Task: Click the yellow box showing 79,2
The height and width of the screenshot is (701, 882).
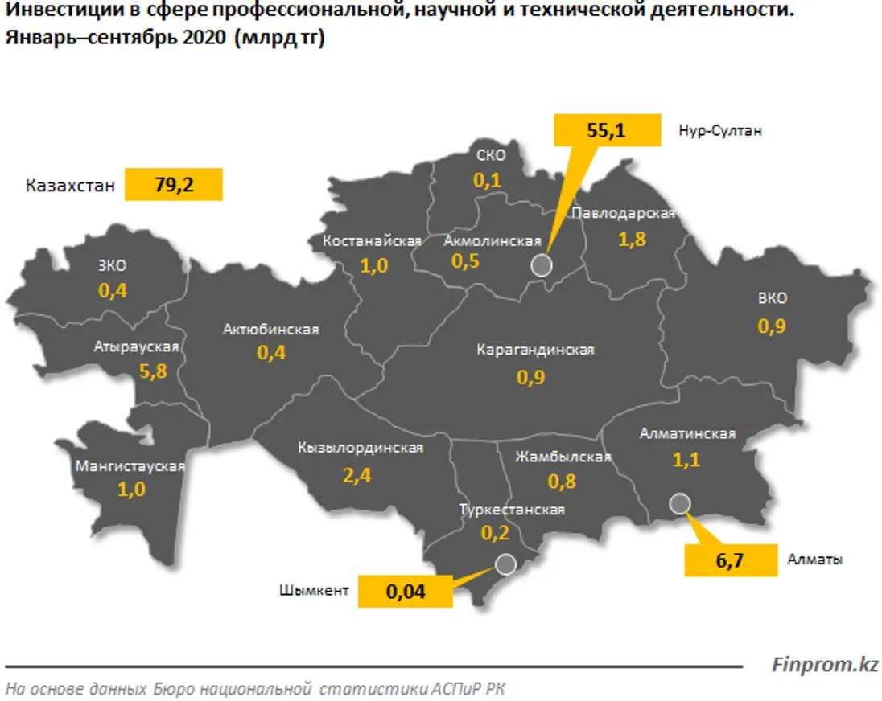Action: [173, 185]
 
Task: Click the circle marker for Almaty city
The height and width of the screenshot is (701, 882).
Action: [679, 503]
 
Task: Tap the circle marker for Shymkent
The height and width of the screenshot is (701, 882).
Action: [505, 564]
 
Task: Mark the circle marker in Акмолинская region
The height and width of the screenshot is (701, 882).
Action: [542, 266]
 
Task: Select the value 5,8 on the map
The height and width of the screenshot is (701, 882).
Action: [152, 372]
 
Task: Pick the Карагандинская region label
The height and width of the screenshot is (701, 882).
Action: [534, 350]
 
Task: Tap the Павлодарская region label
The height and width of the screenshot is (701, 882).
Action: [621, 213]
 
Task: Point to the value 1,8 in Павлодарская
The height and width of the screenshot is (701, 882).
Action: [632, 239]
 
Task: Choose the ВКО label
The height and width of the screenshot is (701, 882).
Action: [772, 298]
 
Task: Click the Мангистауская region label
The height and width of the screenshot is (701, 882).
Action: [130, 466]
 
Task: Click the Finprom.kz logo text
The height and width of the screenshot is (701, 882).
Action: [825, 665]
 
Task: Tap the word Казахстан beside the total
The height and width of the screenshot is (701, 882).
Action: [70, 186]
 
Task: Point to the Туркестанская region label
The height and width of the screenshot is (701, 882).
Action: [512, 510]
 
